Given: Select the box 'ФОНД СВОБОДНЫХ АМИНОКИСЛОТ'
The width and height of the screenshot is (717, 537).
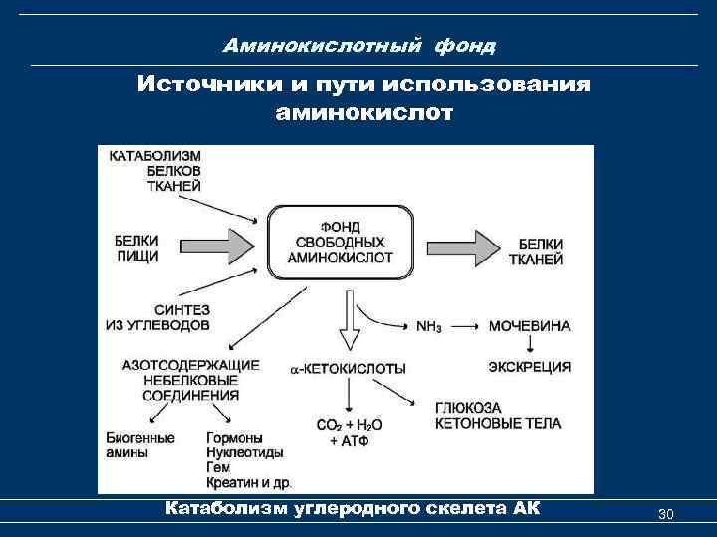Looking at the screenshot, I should click(x=340, y=242).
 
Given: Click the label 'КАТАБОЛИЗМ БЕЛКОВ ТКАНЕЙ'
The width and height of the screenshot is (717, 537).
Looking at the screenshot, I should click(x=155, y=171).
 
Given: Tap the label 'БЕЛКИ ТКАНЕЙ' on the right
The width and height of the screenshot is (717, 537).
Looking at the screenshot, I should click(x=542, y=250).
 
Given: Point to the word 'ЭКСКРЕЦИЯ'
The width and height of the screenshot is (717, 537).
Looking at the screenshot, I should click(x=530, y=367).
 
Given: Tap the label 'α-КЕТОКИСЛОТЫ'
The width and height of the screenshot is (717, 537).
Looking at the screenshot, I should click(x=348, y=368).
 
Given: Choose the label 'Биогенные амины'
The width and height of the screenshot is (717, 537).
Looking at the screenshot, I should click(x=139, y=446).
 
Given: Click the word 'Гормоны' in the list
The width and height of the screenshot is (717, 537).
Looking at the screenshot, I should click(x=235, y=438).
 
